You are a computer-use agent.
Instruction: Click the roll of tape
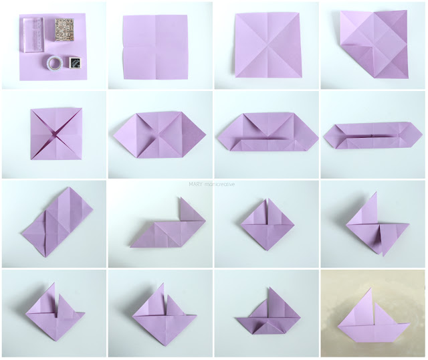[x=54, y=63]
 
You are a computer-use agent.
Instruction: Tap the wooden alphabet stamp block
[x=65, y=29]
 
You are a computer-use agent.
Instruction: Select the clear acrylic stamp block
[x=32, y=34]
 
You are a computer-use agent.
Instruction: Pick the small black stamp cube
[x=74, y=62]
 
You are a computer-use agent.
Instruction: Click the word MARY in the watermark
[x=196, y=185]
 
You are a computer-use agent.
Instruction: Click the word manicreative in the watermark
[x=219, y=185]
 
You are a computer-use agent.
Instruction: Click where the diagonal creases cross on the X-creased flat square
[x=267, y=45]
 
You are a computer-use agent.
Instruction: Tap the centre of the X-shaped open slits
[x=56, y=134]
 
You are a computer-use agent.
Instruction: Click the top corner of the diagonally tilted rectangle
[x=70, y=187]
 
